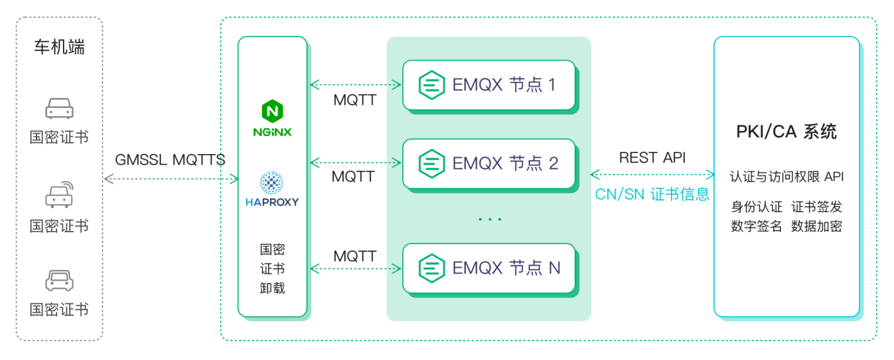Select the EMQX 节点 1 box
(488, 85)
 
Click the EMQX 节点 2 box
(488, 163)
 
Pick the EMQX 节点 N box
(488, 268)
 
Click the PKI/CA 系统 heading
(786, 132)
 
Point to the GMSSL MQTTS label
(170, 160)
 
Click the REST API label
(652, 158)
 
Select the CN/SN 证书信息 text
(652, 194)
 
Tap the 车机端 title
(59, 47)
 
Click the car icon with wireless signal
(59, 195)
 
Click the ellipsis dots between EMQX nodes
(489, 219)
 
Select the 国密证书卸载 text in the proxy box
(272, 269)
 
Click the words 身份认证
(756, 207)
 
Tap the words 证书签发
(816, 207)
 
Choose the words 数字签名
(756, 226)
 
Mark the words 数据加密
(816, 226)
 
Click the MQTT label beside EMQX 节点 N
(355, 256)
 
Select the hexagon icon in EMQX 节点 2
(431, 163)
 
